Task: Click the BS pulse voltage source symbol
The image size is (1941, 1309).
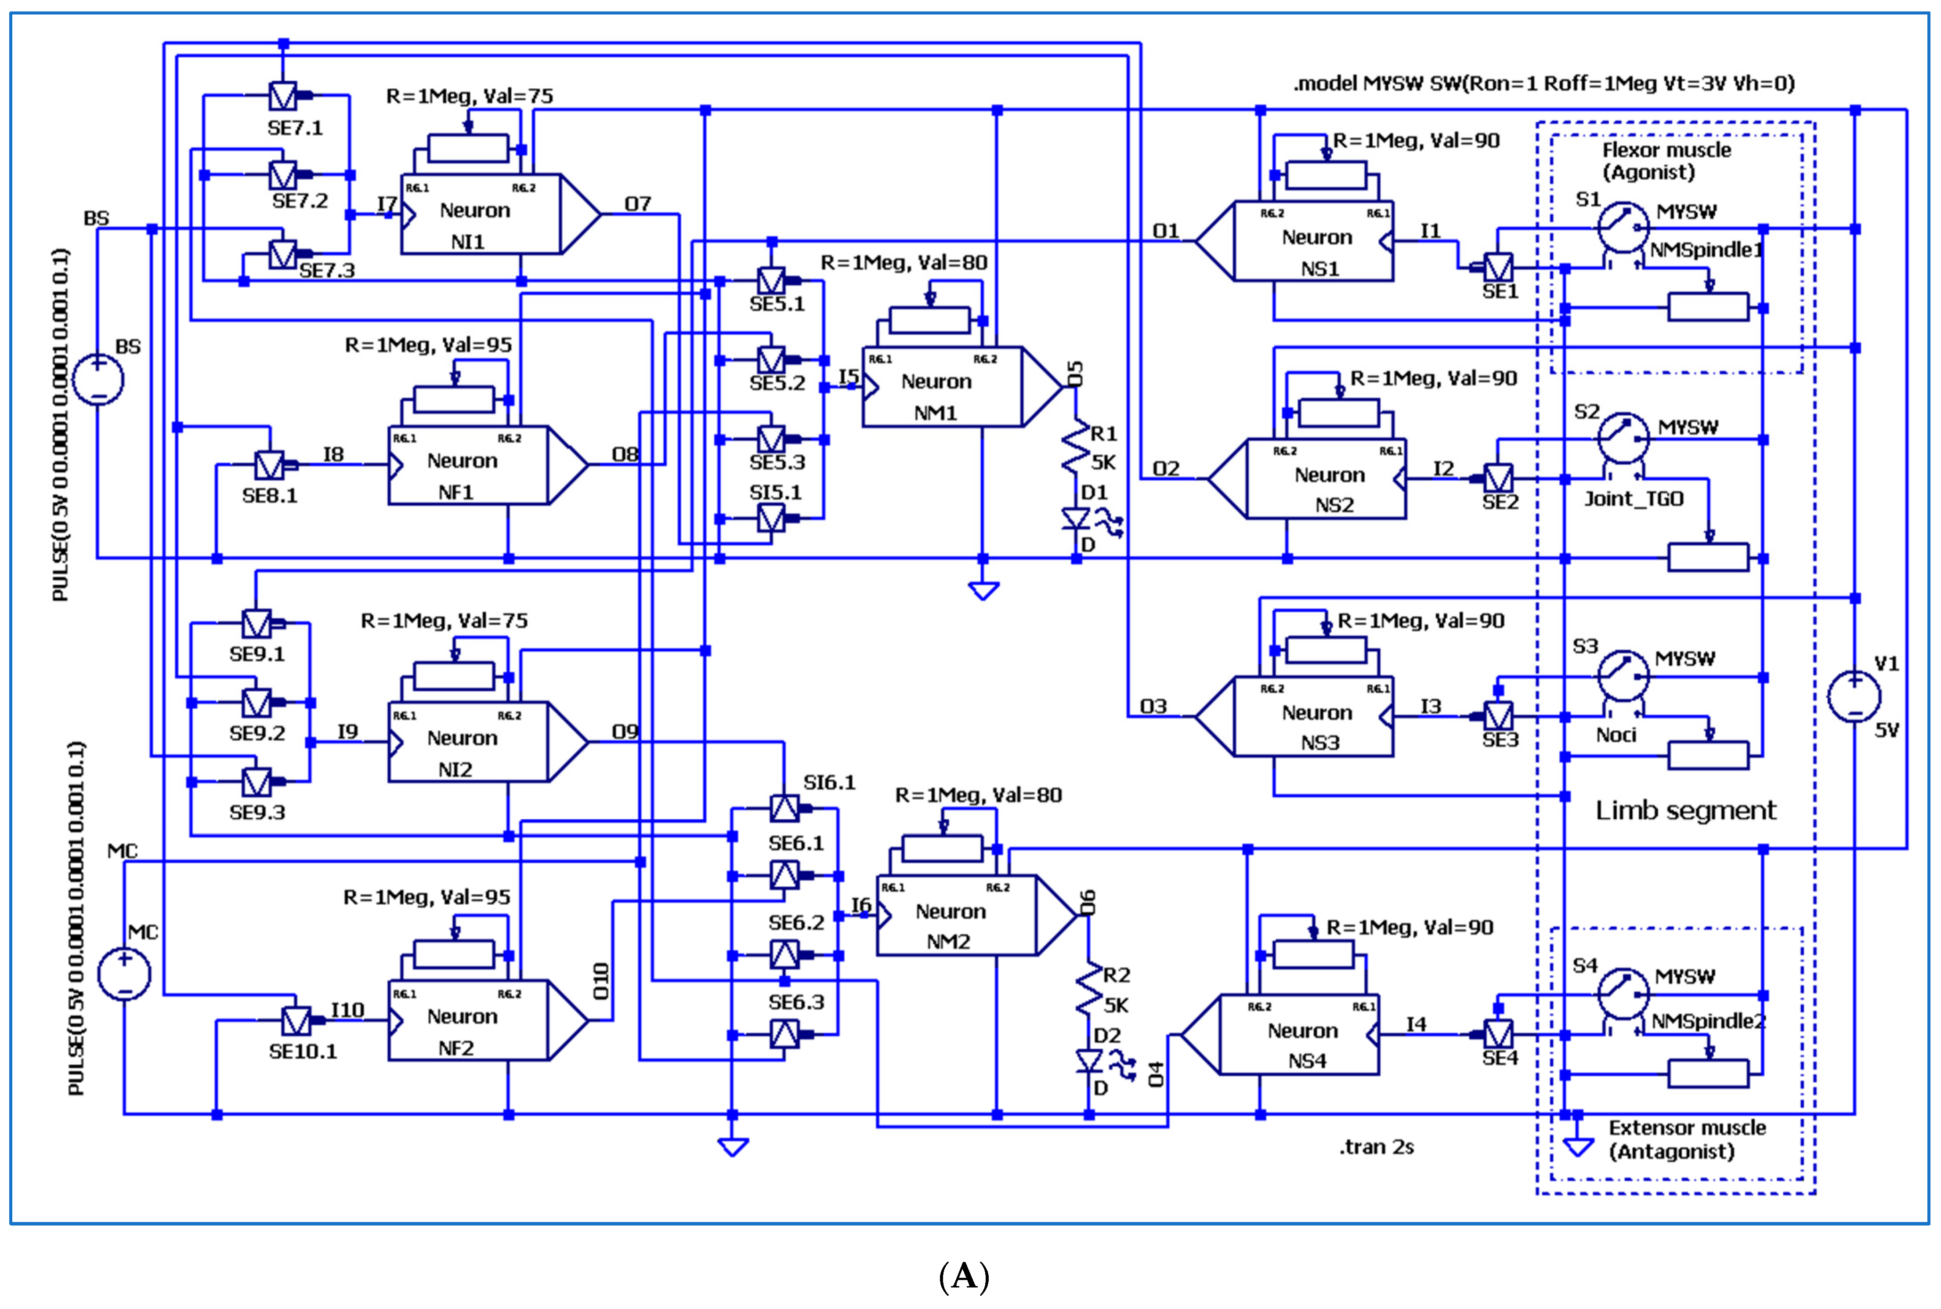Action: (98, 380)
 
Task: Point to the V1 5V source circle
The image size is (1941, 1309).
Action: (1854, 696)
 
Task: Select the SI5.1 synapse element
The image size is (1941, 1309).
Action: (771, 519)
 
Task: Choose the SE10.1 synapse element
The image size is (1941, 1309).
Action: (296, 1020)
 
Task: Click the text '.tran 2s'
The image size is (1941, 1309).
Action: (1377, 1147)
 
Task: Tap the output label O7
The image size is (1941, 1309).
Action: (637, 204)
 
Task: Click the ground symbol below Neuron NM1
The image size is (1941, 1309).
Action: (983, 591)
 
